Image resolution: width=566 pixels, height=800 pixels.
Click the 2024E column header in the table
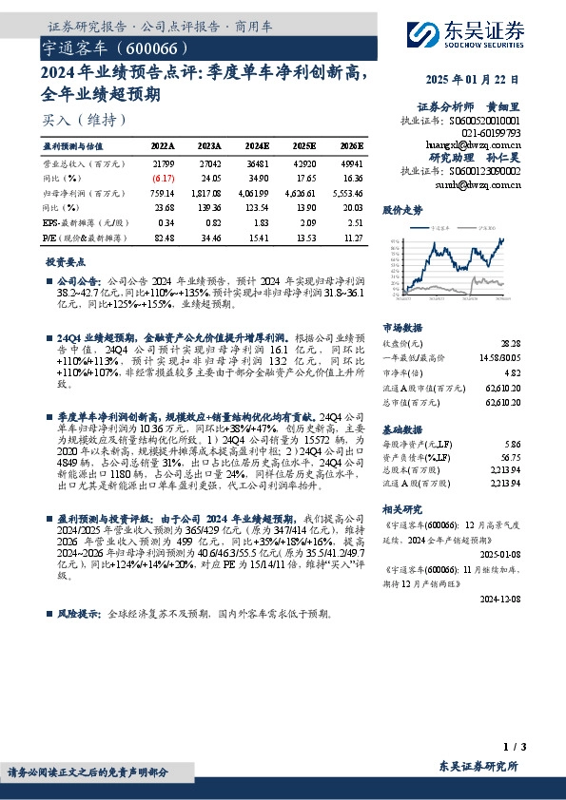[x=257, y=146]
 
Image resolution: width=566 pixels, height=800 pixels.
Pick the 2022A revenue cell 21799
[x=163, y=164]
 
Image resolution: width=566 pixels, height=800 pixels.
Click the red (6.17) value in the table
[x=163, y=177]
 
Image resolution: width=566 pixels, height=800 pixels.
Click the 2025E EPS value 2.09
[x=306, y=220]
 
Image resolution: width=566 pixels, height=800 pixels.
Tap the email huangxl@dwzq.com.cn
[x=473, y=143]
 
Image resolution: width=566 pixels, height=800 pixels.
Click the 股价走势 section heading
[x=400, y=208]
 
